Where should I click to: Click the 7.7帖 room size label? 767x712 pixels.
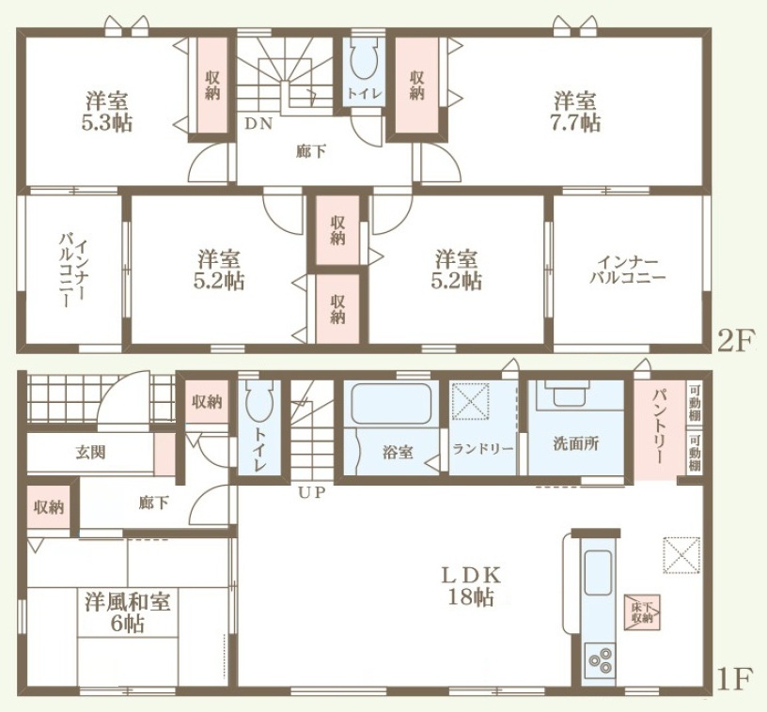(576, 123)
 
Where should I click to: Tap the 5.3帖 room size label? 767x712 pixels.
(107, 123)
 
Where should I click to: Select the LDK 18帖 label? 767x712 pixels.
(471, 586)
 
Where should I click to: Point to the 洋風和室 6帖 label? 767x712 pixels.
(128, 612)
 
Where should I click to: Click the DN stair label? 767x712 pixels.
(258, 124)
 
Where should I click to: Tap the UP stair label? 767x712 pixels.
(312, 492)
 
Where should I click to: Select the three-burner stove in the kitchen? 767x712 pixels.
(601, 659)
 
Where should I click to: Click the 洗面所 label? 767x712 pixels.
(576, 443)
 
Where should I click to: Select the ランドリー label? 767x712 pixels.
(482, 449)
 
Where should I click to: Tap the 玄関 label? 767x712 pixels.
(90, 452)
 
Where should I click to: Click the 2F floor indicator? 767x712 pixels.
(734, 341)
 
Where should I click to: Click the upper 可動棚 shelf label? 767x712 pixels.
(695, 404)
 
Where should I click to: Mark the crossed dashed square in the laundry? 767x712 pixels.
(471, 401)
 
